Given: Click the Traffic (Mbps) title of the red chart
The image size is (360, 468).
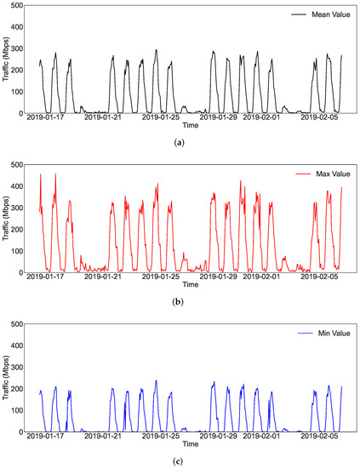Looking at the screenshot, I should coord(5,218).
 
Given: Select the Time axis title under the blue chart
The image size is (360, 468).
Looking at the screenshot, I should coord(191,443).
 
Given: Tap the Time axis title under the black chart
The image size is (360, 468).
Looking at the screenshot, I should coord(191,124).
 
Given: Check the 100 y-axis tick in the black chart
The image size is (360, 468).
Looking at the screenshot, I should coord(16,91).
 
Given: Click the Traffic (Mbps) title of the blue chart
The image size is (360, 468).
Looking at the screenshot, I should coord(5,377).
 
